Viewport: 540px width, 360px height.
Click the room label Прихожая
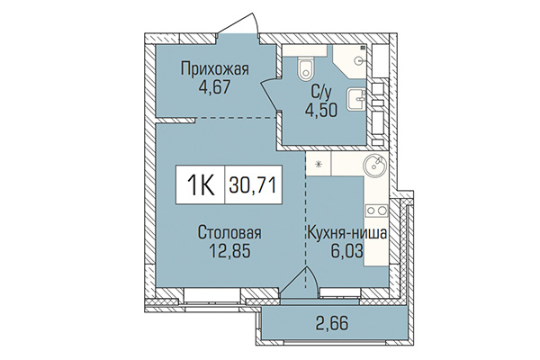(213, 68)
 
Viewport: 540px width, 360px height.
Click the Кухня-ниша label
(348, 234)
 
